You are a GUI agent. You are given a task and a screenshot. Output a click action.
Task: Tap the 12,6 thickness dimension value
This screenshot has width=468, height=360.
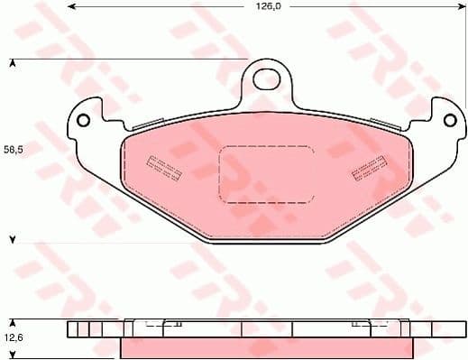[13, 337]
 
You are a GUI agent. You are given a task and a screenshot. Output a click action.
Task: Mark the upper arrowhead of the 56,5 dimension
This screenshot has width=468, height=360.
[13, 62]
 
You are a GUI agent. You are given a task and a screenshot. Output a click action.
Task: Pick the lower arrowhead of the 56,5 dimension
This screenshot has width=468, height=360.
[13, 241]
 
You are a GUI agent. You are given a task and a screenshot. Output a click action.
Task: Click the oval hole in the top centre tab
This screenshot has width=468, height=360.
[265, 78]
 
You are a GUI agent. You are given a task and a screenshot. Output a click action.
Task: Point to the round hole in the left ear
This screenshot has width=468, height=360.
[83, 120]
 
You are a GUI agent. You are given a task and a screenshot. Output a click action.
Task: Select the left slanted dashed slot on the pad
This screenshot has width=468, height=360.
[163, 167]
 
